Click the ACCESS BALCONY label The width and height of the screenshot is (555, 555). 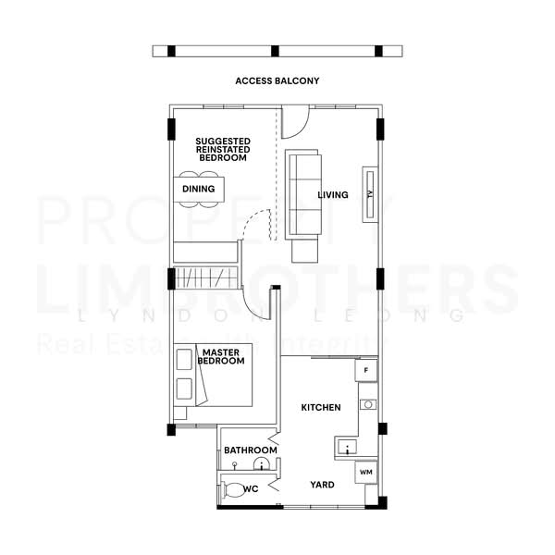(277, 81)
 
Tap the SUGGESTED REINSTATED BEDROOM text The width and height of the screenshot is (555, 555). (222, 150)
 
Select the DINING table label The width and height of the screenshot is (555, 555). (198, 189)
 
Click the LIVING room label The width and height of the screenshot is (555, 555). (333, 195)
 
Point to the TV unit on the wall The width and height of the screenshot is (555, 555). (369, 194)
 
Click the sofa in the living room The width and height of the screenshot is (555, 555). (303, 194)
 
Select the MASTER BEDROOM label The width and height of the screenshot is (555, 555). (222, 356)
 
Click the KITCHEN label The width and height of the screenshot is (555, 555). (321, 407)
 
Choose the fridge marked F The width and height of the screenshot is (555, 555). (366, 371)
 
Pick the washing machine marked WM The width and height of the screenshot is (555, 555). (365, 473)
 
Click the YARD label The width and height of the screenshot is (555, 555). (322, 485)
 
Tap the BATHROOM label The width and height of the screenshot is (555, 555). (251, 450)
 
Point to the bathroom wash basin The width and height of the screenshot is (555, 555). (262, 464)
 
